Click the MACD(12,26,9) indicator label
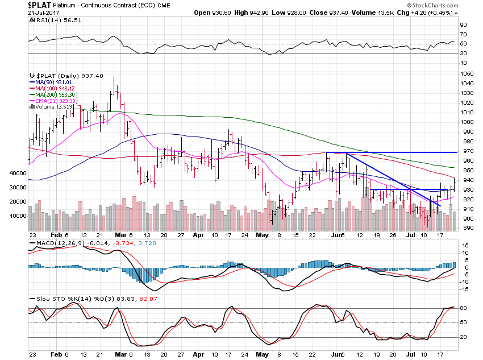coord(52,243)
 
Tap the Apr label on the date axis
coord(198,234)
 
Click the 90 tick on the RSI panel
coord(463,24)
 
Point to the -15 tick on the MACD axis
coord(464,288)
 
